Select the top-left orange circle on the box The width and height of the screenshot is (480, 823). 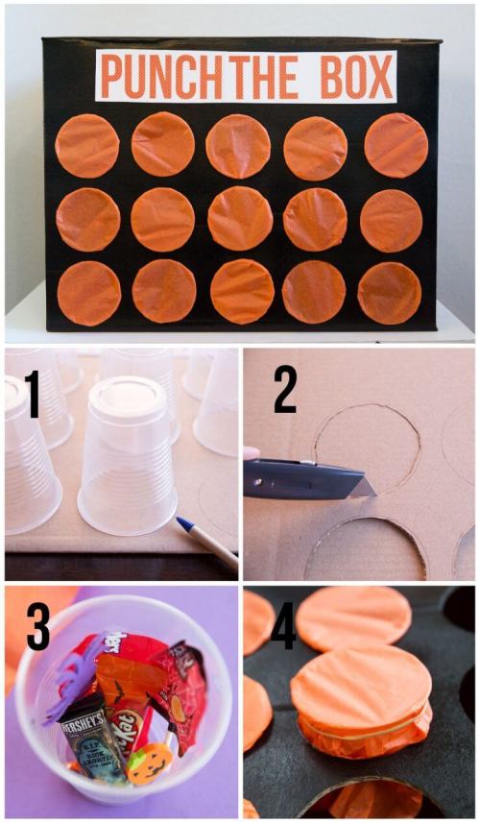click(87, 145)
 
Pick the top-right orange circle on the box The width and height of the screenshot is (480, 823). click(396, 144)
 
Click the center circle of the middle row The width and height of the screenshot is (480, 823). click(240, 218)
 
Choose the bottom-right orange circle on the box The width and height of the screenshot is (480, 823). click(389, 293)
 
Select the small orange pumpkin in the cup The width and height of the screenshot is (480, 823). click(150, 762)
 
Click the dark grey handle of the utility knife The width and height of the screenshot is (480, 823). click(293, 477)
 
